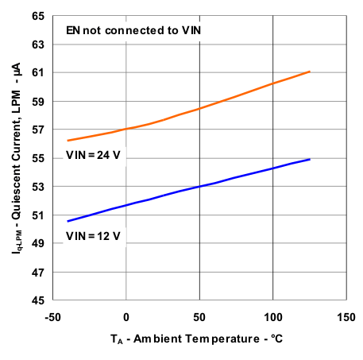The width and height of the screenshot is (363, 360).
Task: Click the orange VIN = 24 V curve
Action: [199, 108]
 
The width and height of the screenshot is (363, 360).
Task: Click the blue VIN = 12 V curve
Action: [199, 186]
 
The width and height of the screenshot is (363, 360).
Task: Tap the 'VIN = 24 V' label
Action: [92, 154]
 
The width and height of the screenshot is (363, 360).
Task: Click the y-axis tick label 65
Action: [37, 15]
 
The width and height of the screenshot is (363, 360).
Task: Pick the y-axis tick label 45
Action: [37, 300]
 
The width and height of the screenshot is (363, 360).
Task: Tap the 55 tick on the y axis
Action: [37, 158]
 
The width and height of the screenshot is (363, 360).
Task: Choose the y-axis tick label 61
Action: [37, 72]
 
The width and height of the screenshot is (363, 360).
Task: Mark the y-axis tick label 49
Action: [37, 244]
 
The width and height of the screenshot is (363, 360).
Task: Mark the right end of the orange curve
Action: [309, 72]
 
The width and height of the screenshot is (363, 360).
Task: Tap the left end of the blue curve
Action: [68, 221]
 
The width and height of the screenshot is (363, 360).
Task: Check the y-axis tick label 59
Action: [37, 101]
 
